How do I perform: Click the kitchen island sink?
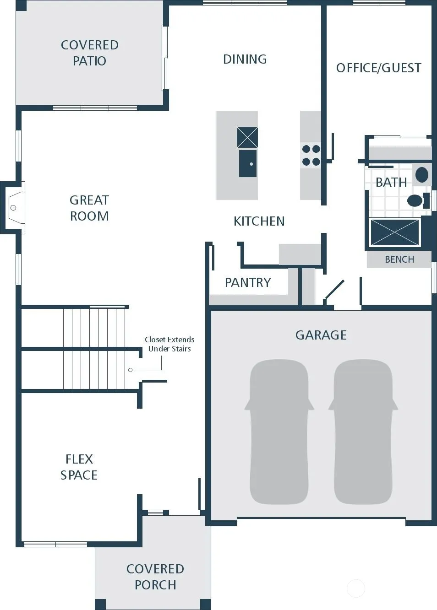248,163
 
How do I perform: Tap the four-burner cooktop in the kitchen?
311,155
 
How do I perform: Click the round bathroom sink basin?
422,174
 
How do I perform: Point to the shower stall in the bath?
395,232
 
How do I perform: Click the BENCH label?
399,259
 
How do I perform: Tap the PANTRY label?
248,282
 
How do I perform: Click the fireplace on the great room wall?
14,208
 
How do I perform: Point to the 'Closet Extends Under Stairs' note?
169,344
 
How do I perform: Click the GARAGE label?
321,335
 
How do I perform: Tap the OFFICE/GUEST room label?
379,68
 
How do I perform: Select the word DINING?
245,59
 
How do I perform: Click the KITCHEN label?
259,221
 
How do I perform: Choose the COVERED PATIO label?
90,53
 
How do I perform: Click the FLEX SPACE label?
79,467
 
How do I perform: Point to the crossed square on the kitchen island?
247,137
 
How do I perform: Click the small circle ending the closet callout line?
130,370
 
